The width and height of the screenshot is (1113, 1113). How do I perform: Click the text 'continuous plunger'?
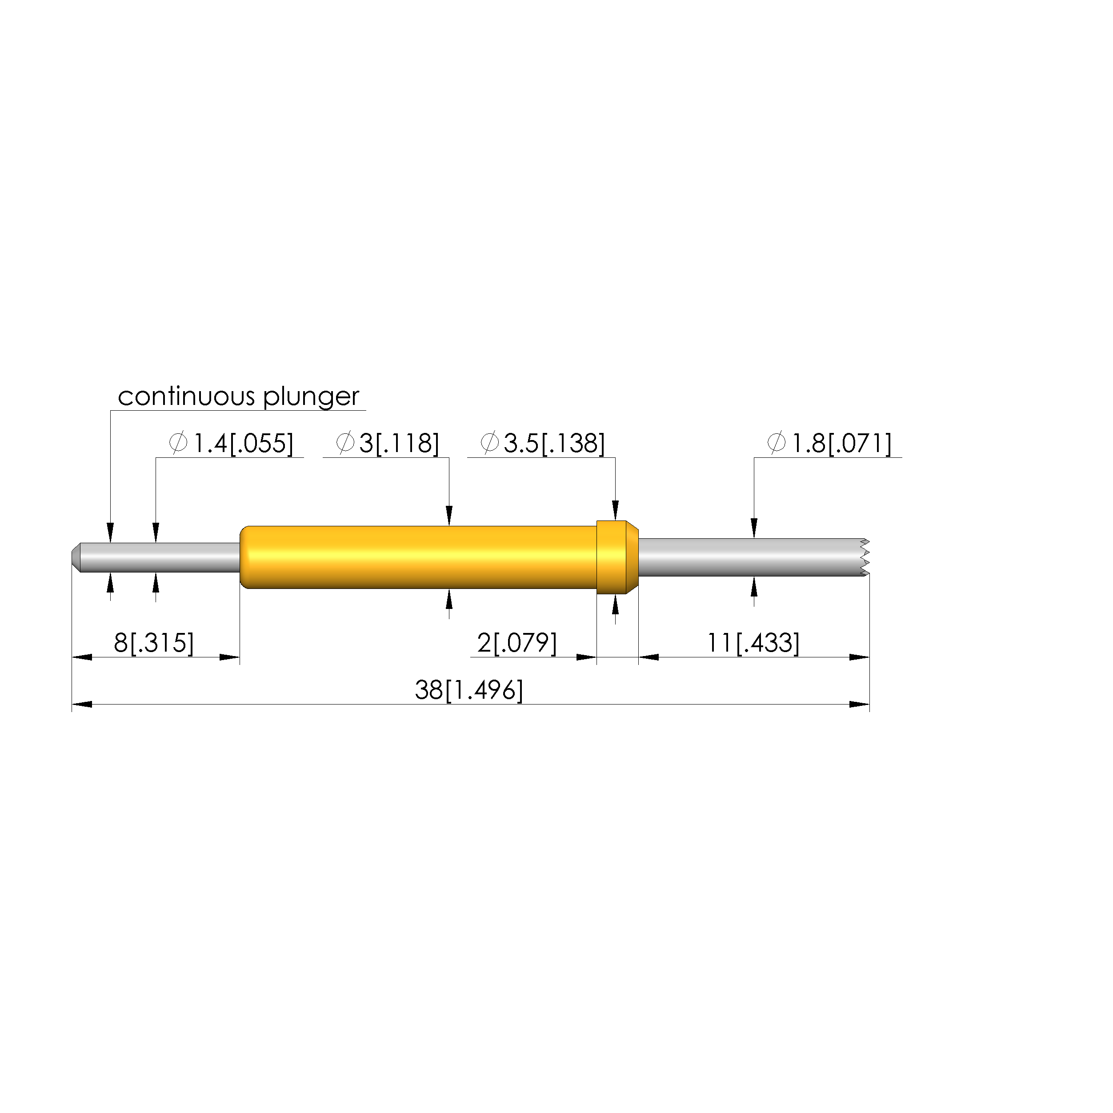[239, 397]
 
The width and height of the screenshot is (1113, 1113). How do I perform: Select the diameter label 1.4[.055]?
[231, 444]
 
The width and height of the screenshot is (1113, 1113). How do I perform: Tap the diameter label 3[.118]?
[387, 444]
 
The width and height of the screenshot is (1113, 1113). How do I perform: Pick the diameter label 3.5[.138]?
[543, 444]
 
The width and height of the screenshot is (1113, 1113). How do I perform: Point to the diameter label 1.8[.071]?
[829, 444]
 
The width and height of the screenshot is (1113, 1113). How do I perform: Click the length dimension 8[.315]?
[154, 643]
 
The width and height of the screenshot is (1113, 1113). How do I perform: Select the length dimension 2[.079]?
[517, 643]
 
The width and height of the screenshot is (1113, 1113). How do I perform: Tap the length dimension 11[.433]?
[753, 643]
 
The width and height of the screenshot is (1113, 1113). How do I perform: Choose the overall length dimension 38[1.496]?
[469, 690]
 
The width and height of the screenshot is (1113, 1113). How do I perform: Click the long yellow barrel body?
[418, 557]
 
